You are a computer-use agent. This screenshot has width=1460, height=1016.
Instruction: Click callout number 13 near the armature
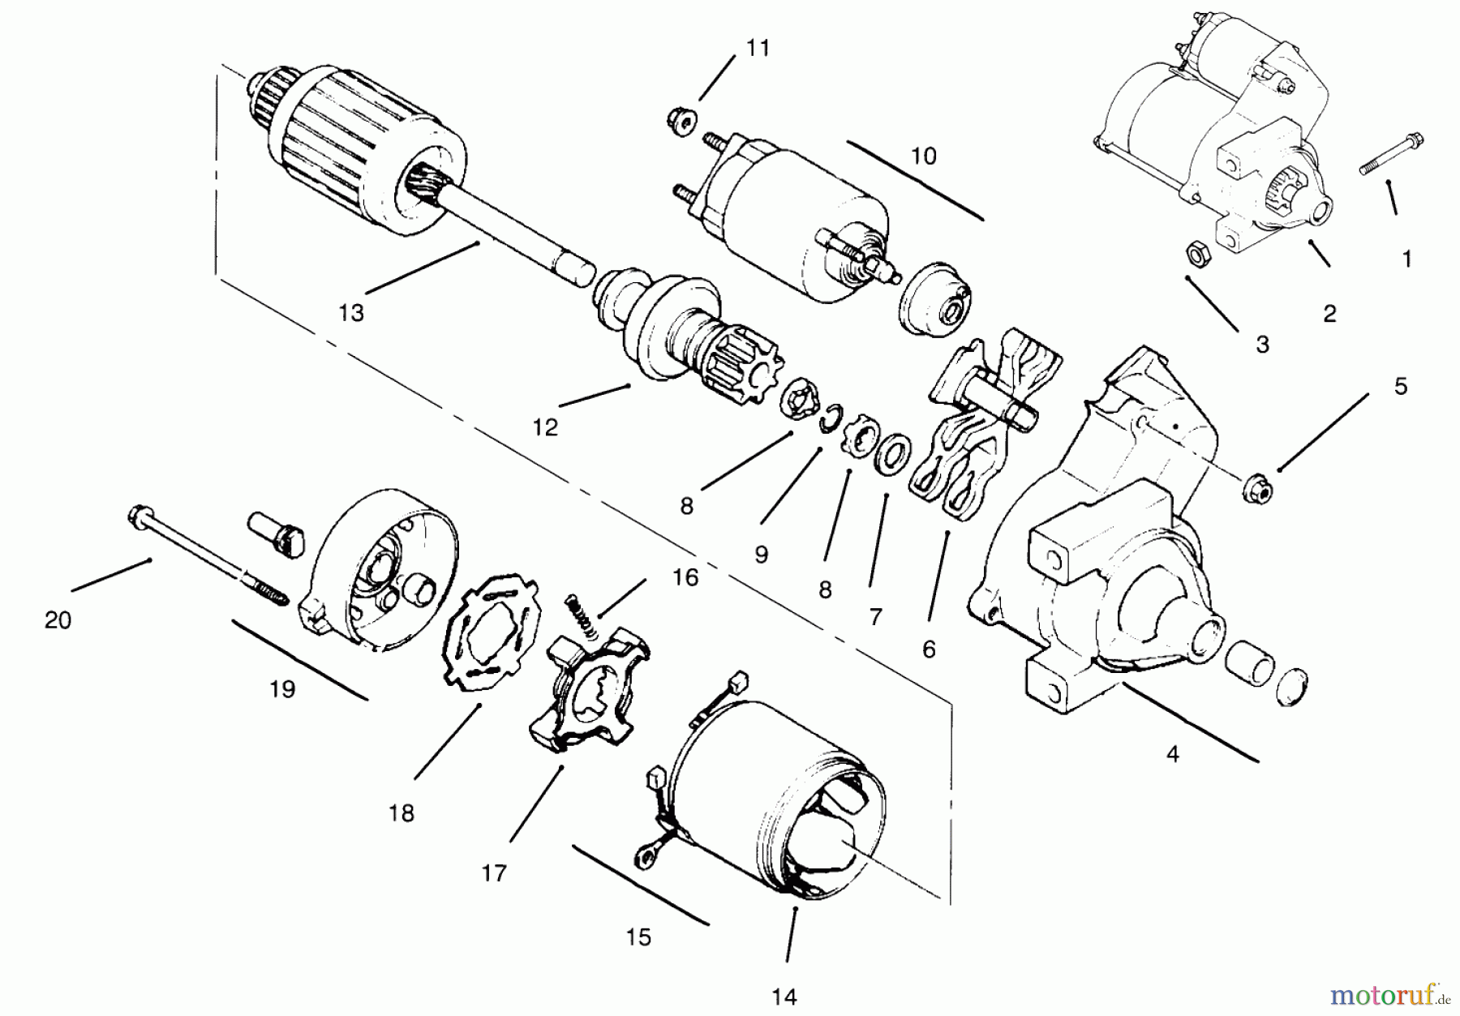coord(351,313)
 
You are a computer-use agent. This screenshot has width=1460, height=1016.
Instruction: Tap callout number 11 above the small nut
coord(757,48)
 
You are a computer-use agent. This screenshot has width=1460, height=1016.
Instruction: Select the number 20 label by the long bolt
coord(58,620)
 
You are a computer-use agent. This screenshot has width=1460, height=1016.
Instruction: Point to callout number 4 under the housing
coord(1172,754)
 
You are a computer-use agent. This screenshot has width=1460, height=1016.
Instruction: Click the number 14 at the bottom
coord(784,997)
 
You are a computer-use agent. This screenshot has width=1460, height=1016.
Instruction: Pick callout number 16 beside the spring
coord(685,577)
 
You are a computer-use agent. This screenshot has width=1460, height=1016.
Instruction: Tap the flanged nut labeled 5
coord(1256,488)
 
